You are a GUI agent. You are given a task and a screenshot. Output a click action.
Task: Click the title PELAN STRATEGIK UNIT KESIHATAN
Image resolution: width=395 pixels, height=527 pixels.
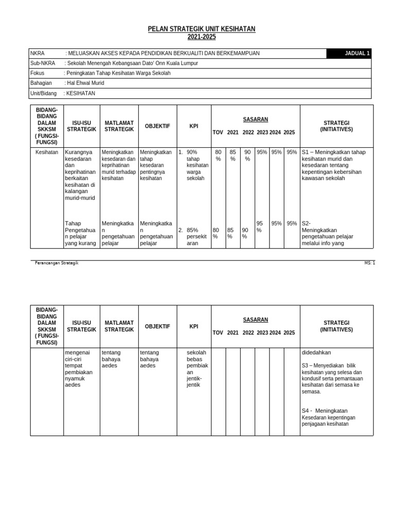click(x=202, y=29)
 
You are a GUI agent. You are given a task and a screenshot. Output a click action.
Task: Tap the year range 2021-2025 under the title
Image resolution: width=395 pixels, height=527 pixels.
click(x=202, y=37)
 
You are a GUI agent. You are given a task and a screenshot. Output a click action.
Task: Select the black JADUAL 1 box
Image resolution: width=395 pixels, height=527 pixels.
click(x=348, y=54)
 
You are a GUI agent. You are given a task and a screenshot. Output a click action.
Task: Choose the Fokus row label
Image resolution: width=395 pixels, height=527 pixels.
click(x=38, y=73)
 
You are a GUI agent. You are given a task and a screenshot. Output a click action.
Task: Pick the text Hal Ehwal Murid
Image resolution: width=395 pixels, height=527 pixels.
click(x=86, y=83)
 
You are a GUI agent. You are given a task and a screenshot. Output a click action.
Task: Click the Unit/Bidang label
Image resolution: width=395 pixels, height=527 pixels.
click(x=44, y=93)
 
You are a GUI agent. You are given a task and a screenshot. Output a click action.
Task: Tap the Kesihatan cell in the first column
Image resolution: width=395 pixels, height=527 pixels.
click(x=46, y=152)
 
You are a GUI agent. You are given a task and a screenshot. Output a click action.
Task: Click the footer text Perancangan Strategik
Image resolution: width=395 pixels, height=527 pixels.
click(x=57, y=263)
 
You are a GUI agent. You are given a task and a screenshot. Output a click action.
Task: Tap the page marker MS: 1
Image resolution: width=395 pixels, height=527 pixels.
click(x=369, y=263)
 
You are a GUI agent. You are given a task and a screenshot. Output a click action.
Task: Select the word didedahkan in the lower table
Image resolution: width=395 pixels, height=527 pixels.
click(x=316, y=353)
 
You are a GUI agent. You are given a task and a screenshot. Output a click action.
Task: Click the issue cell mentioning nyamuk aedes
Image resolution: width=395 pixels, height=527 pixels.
click(x=80, y=368)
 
